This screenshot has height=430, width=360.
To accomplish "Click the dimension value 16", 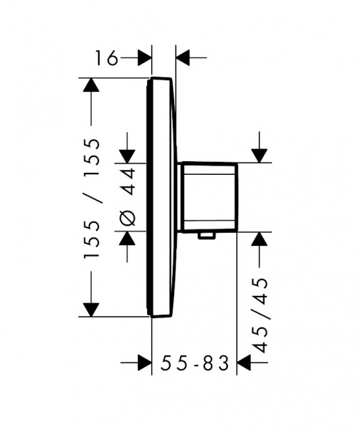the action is coord(106,58).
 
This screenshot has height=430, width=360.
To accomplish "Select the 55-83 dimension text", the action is coord(194,363).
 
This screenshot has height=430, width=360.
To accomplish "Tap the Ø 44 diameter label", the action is coord(128,197).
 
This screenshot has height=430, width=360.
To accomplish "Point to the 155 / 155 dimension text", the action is coord(91,198).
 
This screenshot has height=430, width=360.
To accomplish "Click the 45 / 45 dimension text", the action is coord(260,315).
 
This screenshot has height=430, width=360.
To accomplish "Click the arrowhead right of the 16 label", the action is coord(144,58).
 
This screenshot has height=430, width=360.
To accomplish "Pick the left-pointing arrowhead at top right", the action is coord(183,58).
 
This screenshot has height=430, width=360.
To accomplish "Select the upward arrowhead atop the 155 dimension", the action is coord(91,85).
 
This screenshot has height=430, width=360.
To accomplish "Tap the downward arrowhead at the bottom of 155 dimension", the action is coord(91,310).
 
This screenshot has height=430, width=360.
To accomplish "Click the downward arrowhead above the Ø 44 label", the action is coord(128,156).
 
